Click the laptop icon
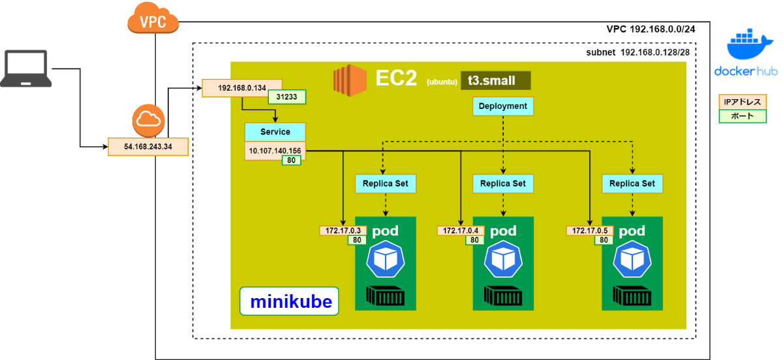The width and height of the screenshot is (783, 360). pos(26,68)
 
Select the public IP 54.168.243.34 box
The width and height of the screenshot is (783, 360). pos(148,147)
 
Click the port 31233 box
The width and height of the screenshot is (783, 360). pos(287,97)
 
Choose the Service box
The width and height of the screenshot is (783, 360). pos(275,132)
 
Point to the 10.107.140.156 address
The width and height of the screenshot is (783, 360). pos(275,151)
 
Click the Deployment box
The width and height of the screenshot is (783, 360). pos(503,106)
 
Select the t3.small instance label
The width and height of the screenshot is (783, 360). pos(496,80)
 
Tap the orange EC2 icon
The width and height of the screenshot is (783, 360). pos(350,80)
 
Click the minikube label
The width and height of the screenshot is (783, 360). pos(290,301)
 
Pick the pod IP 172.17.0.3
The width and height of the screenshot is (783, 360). pos(343,231)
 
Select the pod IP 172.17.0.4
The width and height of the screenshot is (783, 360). pos(461,231)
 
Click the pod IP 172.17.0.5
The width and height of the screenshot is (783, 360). pos(590,231)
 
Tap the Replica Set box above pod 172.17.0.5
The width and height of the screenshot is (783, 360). pos(632,183)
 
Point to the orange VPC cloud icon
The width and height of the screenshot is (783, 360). pos(153,18)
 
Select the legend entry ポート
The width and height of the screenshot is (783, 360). pos(743,116)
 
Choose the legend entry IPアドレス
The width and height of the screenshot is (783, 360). pos(743,102)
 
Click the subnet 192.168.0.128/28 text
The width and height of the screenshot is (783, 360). pos(638,52)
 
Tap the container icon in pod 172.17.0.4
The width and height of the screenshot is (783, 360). pos(503,295)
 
